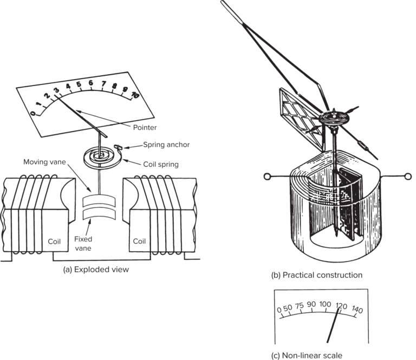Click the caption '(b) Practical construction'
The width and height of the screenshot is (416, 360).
[316, 275]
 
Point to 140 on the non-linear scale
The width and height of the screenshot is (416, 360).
[357, 310]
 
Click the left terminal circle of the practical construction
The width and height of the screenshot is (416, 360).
[266, 176]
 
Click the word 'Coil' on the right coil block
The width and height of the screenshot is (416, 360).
[140, 242]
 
